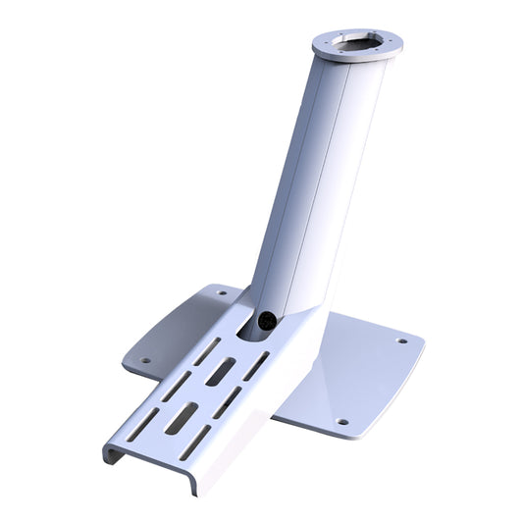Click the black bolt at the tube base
tap(265, 319)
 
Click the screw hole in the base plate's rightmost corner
tap(401, 341)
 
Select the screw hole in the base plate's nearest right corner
tap(342, 422)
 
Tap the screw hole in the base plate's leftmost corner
tap(145, 360)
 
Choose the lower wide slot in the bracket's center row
tap(182, 418)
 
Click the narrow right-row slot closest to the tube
tap(257, 366)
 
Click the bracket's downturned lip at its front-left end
tap(113, 453)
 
